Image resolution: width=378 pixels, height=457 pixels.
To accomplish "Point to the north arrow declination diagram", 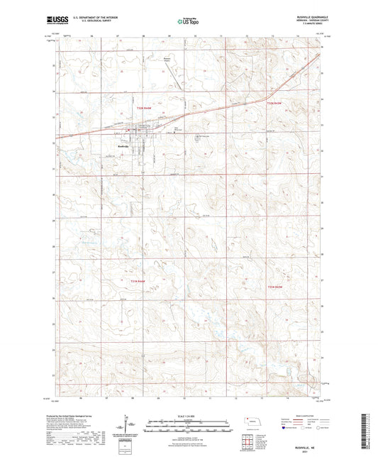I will pyautogui.click(x=128, y=426).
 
